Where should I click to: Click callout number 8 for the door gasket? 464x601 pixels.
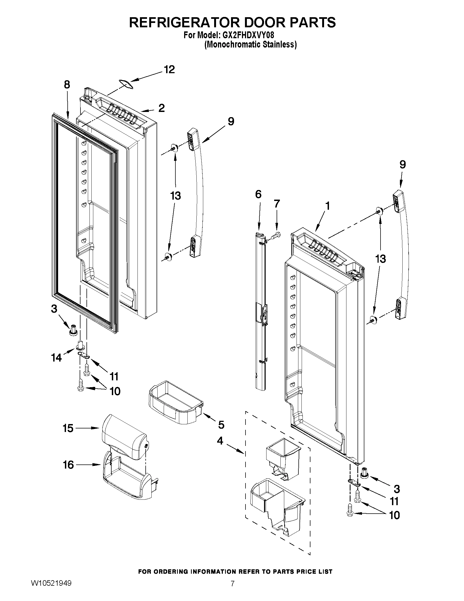pyautogui.click(x=67, y=84)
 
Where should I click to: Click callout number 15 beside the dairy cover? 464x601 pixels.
pyautogui.click(x=68, y=428)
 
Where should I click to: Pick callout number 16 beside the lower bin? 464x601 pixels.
pyautogui.click(x=68, y=465)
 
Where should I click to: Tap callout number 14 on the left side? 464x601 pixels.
pyautogui.click(x=56, y=358)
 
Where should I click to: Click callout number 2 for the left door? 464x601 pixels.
pyautogui.click(x=161, y=108)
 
